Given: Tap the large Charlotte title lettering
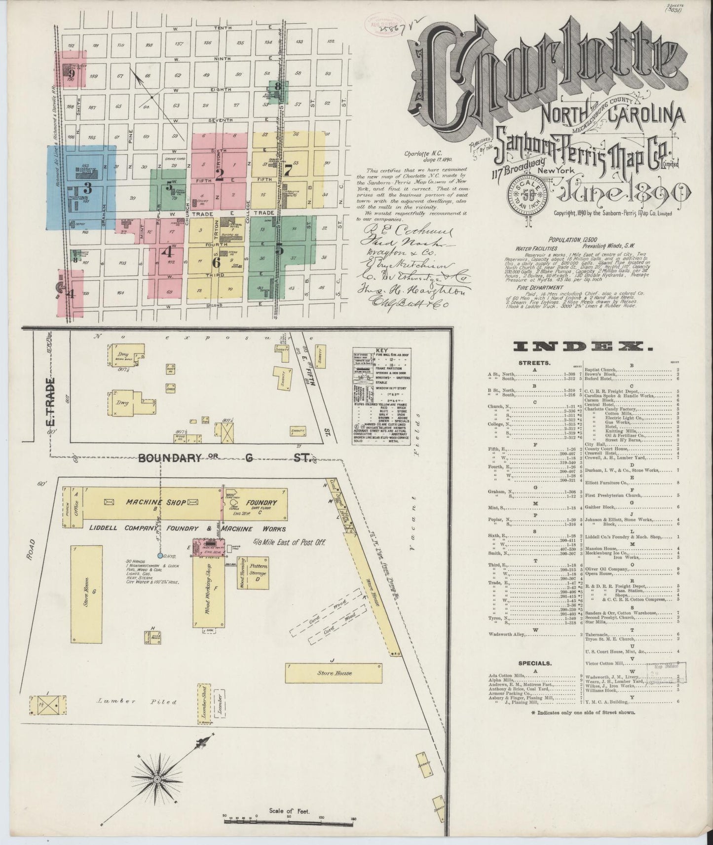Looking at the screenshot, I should pos(545,69).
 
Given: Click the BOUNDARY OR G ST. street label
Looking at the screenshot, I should pos(225,458).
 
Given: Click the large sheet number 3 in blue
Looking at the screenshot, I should pos(88,188).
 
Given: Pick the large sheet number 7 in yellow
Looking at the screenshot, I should pos(288,170).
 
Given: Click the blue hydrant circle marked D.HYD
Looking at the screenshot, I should pos(160,555).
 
